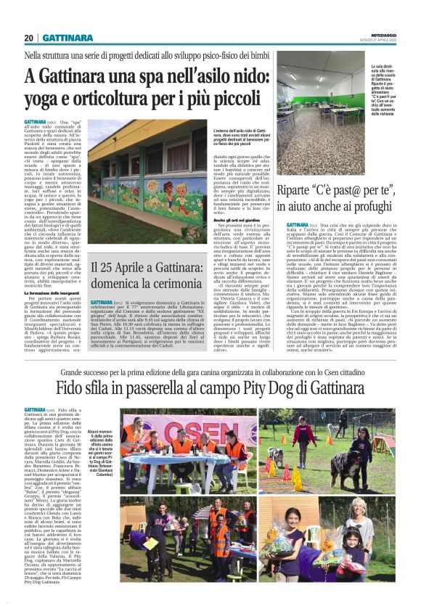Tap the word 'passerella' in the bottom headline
(142, 389)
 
